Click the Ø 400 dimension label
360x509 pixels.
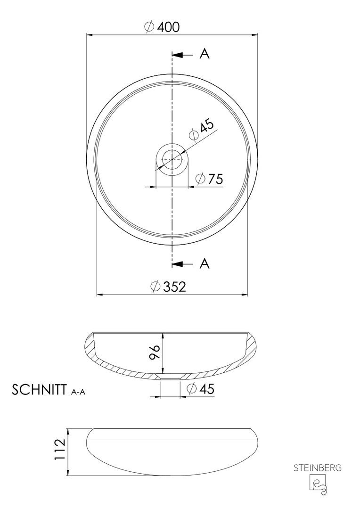point(161,27)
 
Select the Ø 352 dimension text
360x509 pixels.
point(169,287)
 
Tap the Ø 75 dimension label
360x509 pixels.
point(210,179)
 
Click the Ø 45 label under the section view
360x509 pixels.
point(201,388)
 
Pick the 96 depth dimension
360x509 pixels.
point(155,352)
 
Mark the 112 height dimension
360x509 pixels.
point(60,449)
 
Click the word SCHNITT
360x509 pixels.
point(39,390)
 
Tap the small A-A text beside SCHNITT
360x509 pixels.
point(78,392)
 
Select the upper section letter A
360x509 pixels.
point(204,54)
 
